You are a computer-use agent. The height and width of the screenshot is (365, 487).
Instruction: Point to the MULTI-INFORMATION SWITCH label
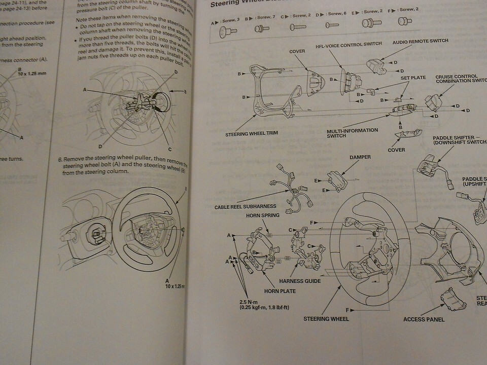[x=353, y=133]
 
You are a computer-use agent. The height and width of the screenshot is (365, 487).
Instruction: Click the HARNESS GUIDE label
[x=300, y=280]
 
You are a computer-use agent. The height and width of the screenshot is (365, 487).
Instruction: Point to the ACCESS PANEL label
[x=424, y=319]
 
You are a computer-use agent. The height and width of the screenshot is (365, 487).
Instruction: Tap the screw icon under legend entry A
[x=224, y=32]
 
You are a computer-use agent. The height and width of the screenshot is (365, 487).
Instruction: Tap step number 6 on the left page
[x=59, y=160]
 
